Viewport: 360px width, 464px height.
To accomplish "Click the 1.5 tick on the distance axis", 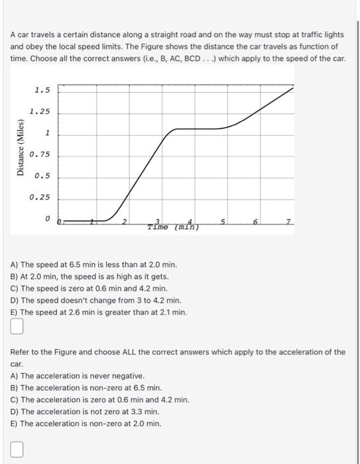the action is [42, 90].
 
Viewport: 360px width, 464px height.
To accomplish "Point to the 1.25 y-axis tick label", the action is [40, 112].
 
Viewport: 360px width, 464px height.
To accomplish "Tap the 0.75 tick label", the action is [40, 154].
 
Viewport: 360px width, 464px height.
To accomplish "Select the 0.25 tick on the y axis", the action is [40, 198].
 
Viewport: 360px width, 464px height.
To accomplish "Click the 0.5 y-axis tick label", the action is [42, 176].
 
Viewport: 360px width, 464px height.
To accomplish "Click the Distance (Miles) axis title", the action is [20, 148].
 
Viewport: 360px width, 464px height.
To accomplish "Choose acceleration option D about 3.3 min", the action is [85, 412].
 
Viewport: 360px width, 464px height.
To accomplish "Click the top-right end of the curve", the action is [293, 87].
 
